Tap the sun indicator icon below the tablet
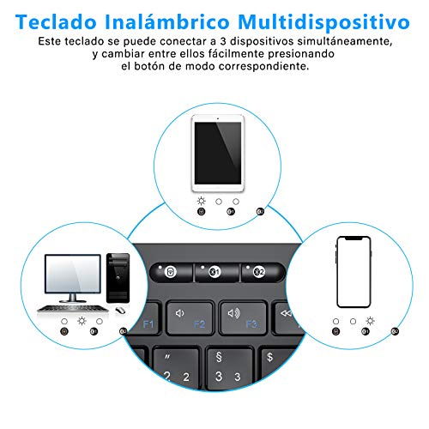click(x=201, y=200)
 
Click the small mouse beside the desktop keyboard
click(x=118, y=310)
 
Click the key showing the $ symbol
click(x=270, y=365)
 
